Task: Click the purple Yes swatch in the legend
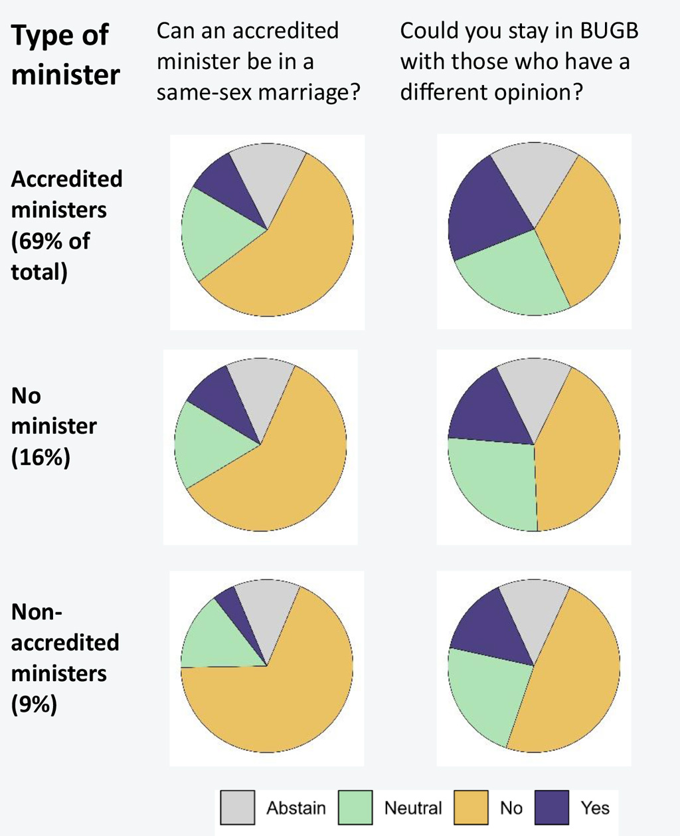point(552,807)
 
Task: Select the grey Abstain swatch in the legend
point(238,807)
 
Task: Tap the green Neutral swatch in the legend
point(355,807)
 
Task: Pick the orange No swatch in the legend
point(471,807)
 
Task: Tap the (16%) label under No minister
point(41,457)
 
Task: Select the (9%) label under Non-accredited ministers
point(34,704)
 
